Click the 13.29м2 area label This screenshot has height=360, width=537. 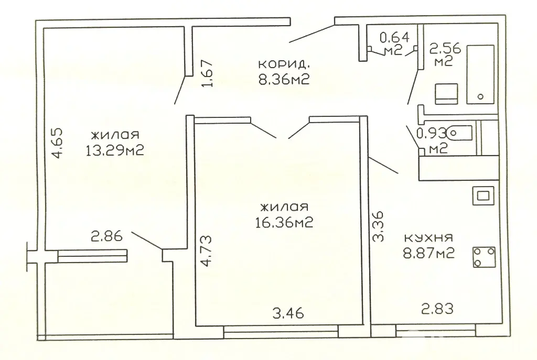pos(114,150)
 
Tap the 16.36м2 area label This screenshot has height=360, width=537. pos(284,223)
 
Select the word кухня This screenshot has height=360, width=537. pos(429,237)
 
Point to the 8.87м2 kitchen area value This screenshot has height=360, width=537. pos(429,254)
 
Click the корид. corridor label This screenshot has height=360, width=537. pos(284,64)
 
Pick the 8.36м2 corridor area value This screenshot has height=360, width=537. pos(284,80)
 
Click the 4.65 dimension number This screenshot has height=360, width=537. pos(57,143)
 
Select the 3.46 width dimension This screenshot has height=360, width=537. pos(288,313)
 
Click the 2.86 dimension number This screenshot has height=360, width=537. pos(106,236)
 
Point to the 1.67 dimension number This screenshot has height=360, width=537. pos(208,73)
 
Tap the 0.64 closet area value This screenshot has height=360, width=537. pos(394,37)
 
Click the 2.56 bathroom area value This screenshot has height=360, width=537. pos(445,48)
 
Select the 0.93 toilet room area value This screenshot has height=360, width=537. pos(432,133)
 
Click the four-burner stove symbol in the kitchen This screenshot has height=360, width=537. pos(484,257)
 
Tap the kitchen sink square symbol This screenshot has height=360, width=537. pos(483,196)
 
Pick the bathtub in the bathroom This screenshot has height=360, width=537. pos(480,74)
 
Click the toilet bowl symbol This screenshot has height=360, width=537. pos(459,133)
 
